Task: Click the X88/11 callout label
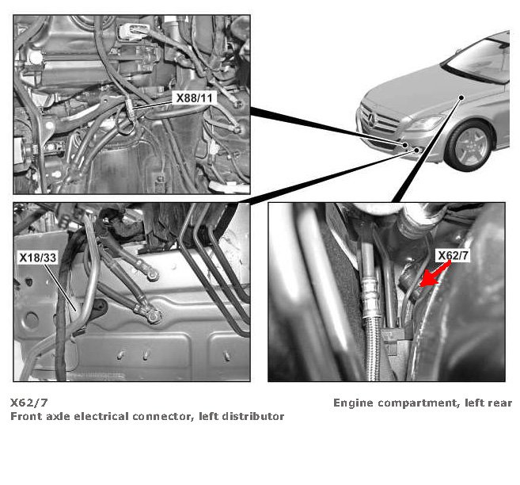[x=194, y=98]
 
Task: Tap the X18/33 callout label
[x=38, y=258]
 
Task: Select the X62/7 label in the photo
[x=454, y=256]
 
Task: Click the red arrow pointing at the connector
[x=435, y=274]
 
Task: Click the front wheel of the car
[x=470, y=146]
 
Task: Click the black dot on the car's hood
[x=461, y=97]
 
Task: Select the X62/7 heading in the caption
[x=29, y=403]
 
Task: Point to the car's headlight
[x=426, y=124]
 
